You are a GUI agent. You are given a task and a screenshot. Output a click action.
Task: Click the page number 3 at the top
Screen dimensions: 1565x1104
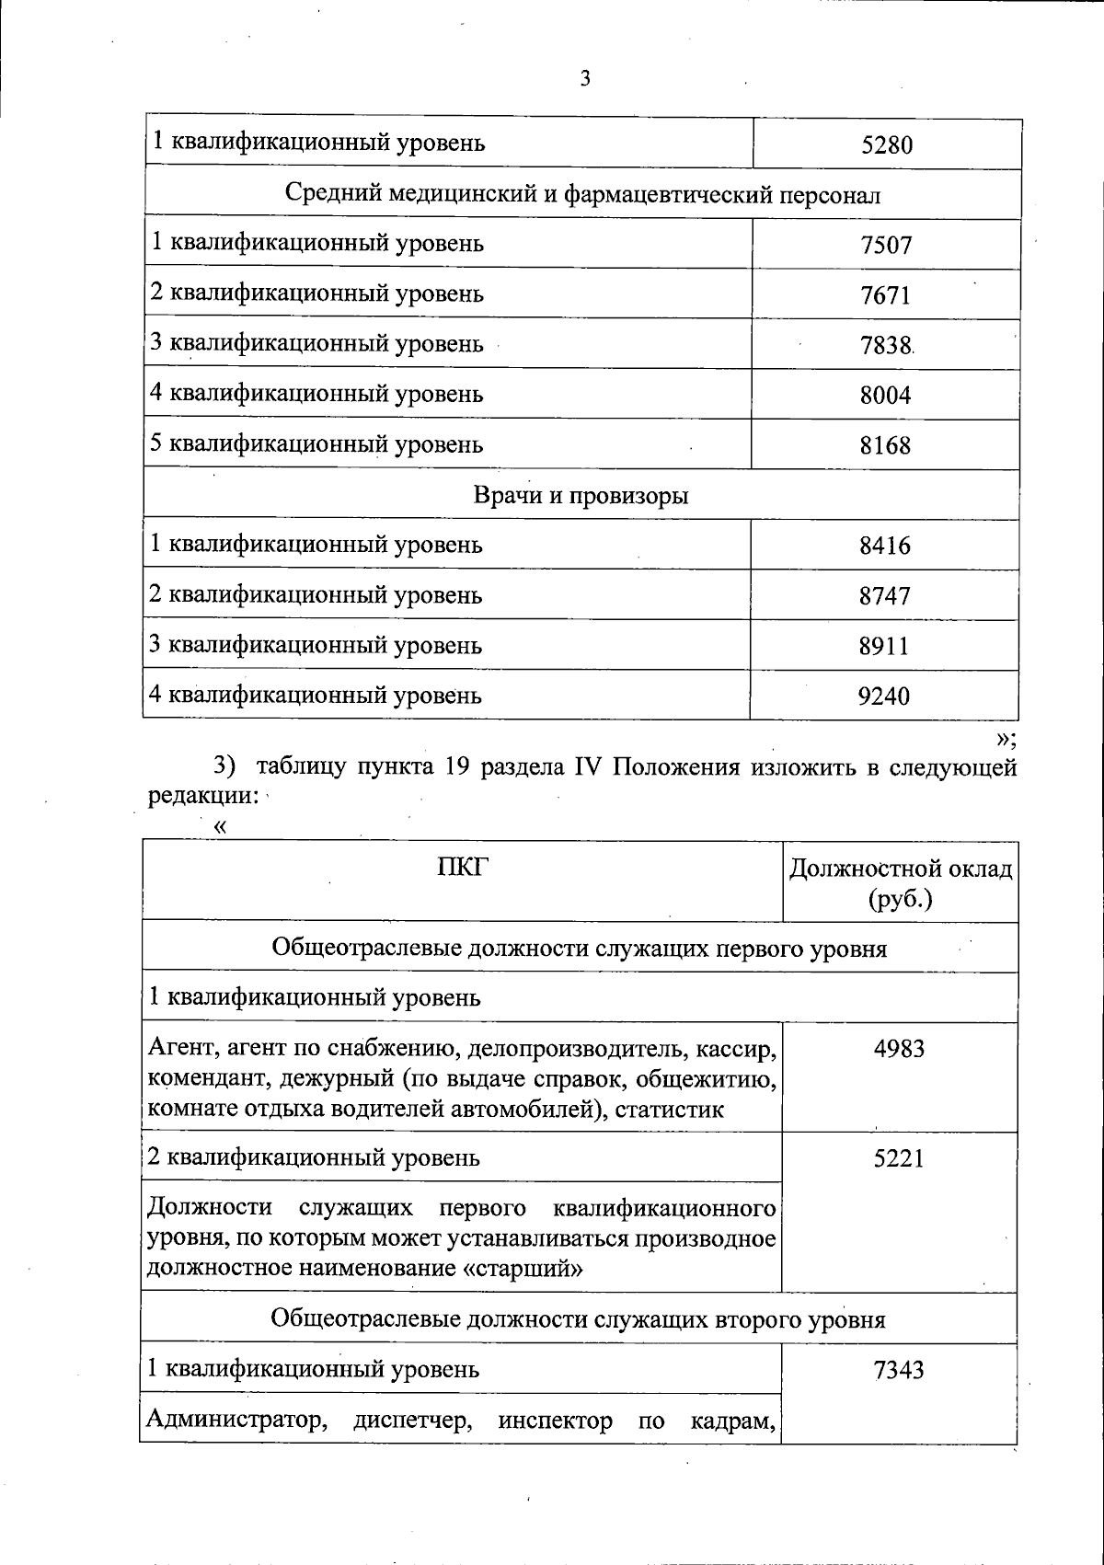click(x=585, y=79)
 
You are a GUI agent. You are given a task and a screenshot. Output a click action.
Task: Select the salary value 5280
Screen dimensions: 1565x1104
click(x=886, y=145)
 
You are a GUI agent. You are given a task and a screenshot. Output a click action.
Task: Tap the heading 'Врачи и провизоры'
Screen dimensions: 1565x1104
click(x=581, y=496)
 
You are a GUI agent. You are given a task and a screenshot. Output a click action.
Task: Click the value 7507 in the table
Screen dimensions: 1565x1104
click(x=886, y=246)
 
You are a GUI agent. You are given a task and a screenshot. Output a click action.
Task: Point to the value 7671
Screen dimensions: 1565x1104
click(x=885, y=296)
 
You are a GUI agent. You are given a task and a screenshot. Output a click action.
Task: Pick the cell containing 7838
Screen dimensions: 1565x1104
click(x=885, y=346)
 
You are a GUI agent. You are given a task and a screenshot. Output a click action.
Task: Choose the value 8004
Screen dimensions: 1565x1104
click(x=885, y=396)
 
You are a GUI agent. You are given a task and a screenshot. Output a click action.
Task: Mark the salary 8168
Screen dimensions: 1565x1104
click(x=885, y=446)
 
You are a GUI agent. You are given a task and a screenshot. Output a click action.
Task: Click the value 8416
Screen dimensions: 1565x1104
click(x=884, y=547)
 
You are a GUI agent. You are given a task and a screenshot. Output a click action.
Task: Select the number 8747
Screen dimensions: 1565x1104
click(x=884, y=596)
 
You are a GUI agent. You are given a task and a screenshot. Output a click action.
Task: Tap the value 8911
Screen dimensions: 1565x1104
click(x=884, y=646)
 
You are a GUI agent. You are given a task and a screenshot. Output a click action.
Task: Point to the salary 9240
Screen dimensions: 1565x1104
click(x=884, y=696)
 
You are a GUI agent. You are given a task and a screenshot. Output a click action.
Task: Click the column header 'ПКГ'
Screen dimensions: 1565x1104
click(x=462, y=867)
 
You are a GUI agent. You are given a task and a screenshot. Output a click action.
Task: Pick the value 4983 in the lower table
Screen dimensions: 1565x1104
click(x=899, y=1049)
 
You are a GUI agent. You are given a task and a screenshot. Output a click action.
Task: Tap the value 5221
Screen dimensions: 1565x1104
click(x=899, y=1158)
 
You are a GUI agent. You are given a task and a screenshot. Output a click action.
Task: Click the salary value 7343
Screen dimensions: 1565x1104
click(x=899, y=1371)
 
